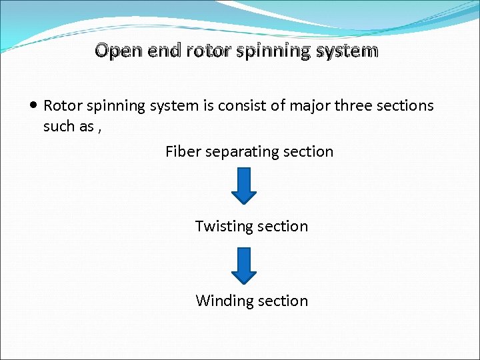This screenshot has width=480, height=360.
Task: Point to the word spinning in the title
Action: pos(277,51)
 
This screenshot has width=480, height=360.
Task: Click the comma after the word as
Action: pos(99,129)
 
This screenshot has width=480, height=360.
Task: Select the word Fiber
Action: pos(183,151)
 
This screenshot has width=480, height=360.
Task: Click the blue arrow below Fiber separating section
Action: pos(244,185)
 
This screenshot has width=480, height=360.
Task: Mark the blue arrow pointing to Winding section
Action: pos(244,265)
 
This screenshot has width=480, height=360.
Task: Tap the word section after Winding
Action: pos(283,301)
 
